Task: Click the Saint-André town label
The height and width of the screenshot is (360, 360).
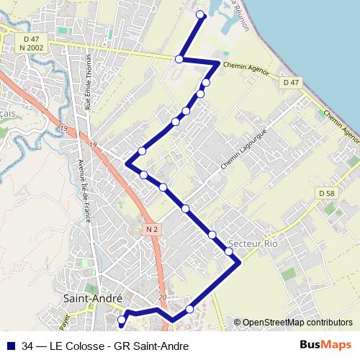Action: click(92, 299)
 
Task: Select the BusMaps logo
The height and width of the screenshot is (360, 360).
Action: click(326, 345)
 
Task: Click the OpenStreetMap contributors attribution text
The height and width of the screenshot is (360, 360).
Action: click(297, 323)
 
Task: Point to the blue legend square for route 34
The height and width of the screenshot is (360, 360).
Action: click(10, 346)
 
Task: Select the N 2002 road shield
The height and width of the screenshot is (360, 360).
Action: click(32, 47)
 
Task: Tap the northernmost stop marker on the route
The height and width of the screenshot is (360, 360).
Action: click(201, 16)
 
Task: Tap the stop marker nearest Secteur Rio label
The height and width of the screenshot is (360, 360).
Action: click(229, 251)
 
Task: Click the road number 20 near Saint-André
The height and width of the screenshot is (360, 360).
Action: click(161, 297)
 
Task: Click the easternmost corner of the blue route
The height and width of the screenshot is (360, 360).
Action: click(239, 264)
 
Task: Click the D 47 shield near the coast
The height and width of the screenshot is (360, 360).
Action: click(291, 83)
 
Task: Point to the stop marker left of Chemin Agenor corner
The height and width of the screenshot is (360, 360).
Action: click(179, 59)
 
